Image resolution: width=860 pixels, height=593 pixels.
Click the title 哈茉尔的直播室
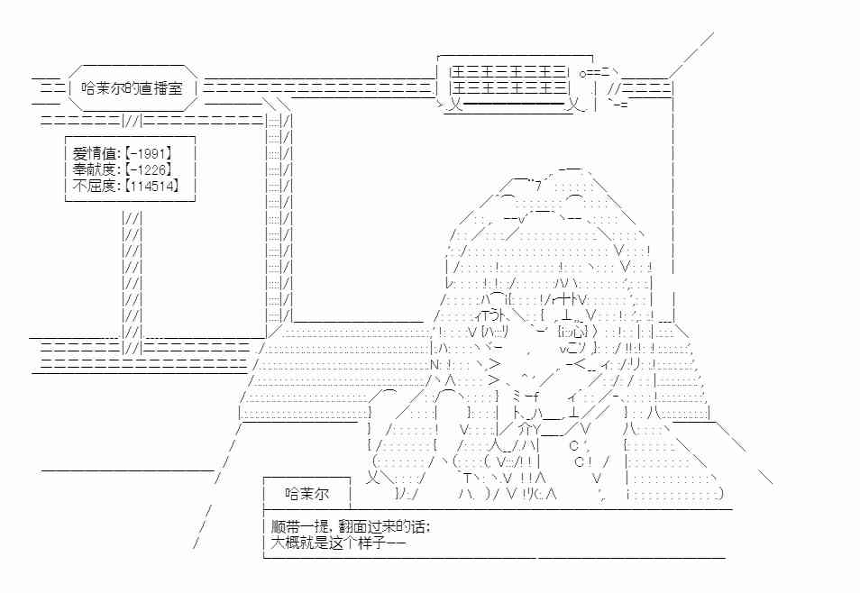(x=132, y=88)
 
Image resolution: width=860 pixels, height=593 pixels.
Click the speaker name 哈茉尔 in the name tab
(x=307, y=494)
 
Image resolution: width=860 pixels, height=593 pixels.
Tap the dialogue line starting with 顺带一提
(x=351, y=527)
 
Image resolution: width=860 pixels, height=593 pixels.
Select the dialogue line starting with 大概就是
(x=338, y=543)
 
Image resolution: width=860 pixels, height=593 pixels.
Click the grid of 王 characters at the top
(x=508, y=80)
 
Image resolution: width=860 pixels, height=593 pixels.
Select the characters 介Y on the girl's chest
(x=529, y=429)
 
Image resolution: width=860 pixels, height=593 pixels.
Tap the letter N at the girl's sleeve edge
(x=435, y=364)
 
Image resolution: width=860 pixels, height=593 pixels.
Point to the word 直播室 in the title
(x=160, y=88)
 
